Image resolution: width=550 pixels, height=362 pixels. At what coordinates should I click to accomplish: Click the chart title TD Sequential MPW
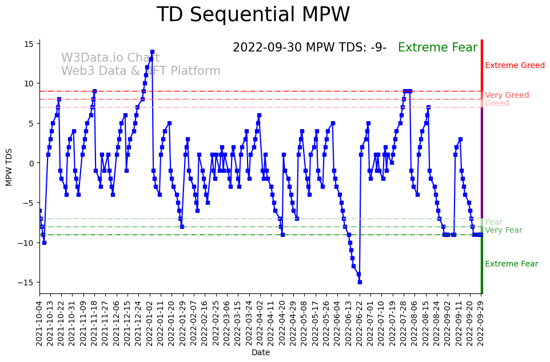coord(253,15)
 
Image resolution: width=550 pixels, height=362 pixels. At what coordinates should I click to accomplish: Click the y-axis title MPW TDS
coord(9,166)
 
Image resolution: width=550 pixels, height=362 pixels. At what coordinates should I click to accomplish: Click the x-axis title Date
coord(261,353)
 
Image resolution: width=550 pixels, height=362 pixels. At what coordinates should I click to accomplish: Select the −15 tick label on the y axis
coord(27,283)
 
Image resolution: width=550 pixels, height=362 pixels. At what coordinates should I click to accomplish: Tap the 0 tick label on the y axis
coord(32,163)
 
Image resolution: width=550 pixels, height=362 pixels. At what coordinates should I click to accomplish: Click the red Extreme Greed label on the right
coord(515,66)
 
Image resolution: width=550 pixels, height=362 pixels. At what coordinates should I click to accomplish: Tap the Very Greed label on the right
coord(507,96)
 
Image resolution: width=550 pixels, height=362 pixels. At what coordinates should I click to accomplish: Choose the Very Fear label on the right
coord(503,230)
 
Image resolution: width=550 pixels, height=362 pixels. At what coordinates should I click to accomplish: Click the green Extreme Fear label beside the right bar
coord(511,264)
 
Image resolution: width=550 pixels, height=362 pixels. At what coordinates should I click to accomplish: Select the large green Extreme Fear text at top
coord(437,47)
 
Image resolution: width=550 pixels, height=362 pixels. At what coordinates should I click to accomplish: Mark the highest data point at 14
coord(152,51)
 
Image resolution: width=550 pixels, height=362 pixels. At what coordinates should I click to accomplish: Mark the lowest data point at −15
coord(360,282)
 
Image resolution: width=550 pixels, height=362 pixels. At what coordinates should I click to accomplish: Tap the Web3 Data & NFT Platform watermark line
coord(141,71)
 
